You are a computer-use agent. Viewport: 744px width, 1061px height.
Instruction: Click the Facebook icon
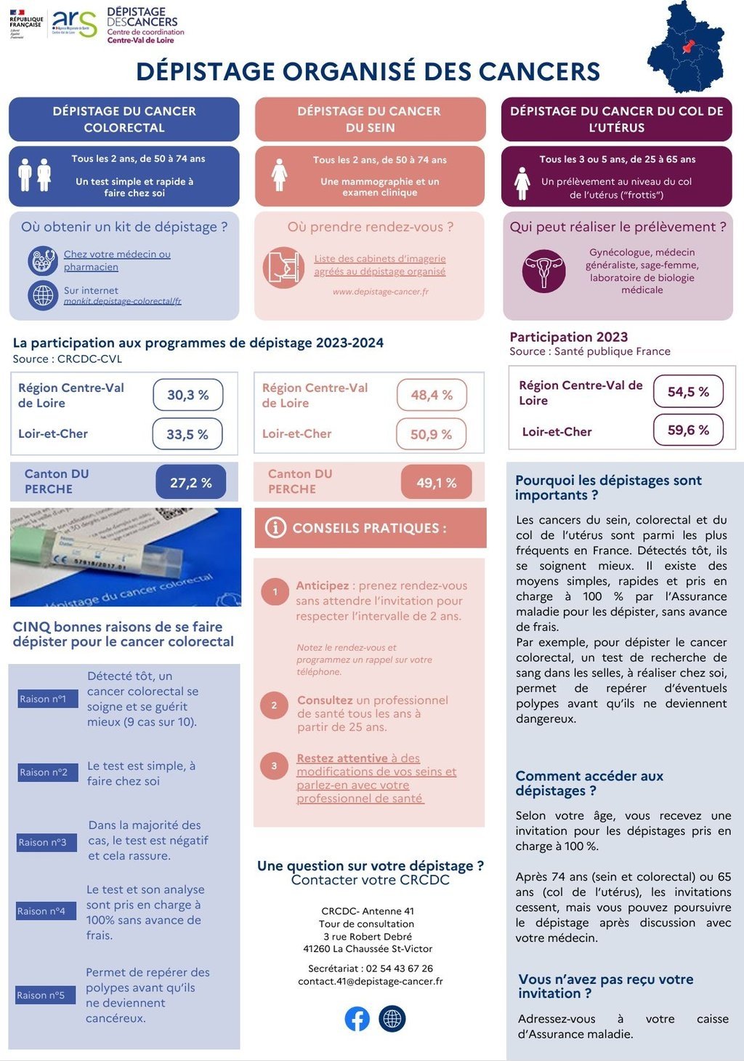coord(357,1019)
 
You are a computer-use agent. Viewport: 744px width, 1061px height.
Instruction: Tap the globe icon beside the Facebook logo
coord(392,1019)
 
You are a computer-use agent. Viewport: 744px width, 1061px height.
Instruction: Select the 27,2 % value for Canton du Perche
coord(191,483)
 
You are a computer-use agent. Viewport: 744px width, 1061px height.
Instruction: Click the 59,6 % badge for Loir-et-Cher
coord(688,430)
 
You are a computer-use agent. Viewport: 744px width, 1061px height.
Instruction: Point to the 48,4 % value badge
coord(432,395)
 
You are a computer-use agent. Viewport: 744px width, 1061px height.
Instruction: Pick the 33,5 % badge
coord(187,434)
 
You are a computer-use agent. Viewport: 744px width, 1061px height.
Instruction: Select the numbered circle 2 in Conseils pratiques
coord(274,705)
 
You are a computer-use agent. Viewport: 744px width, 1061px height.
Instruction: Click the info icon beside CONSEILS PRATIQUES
coord(275,527)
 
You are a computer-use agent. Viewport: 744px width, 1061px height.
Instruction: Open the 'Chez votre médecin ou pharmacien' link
coord(117,260)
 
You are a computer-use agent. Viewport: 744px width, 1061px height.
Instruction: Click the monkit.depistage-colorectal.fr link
coord(122,301)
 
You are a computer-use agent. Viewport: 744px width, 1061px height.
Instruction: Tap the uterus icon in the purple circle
coord(543,271)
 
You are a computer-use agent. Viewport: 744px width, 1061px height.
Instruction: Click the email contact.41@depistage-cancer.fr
coord(371,981)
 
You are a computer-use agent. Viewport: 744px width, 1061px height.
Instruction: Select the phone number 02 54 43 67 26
coord(400,968)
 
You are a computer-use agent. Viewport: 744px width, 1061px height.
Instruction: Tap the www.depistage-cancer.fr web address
coord(381,292)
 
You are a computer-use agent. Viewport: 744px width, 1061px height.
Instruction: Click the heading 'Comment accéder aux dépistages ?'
coord(589,783)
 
